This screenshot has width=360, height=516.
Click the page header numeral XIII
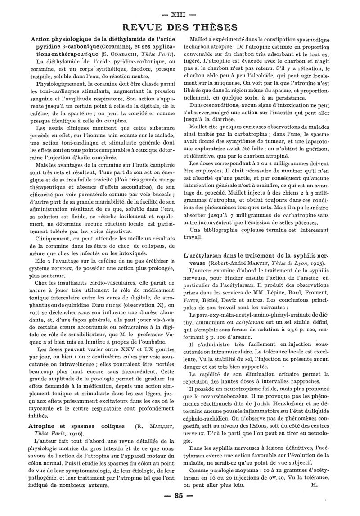click(180, 14)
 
